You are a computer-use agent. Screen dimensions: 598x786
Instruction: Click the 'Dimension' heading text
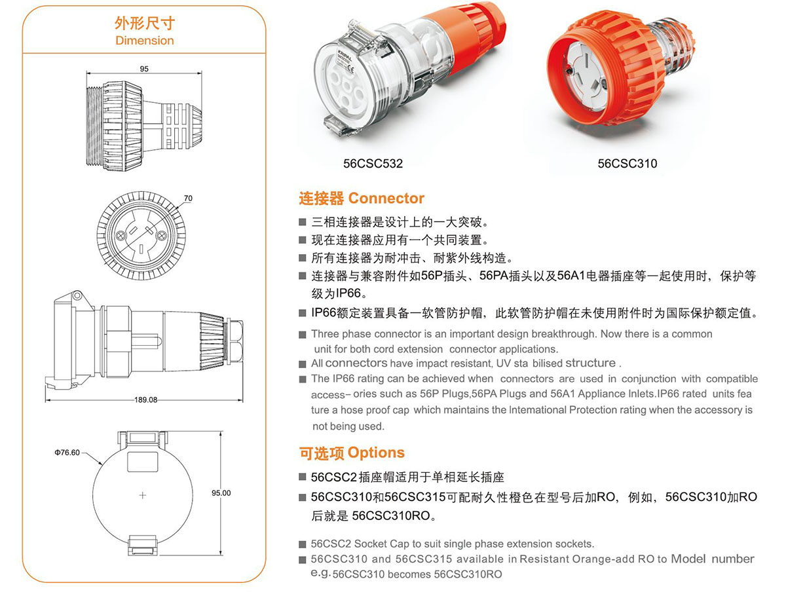click(144, 41)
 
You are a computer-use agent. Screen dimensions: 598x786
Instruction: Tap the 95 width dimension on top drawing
click(144, 69)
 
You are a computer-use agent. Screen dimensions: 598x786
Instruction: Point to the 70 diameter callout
click(188, 198)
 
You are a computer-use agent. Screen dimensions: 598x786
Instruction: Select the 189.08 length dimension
click(145, 400)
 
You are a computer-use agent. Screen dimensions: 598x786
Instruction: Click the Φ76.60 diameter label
click(67, 453)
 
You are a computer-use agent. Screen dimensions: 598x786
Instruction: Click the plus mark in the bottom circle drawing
click(143, 496)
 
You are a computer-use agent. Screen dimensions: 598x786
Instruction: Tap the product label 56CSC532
click(373, 164)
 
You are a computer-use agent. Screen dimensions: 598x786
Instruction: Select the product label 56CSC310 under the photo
click(627, 164)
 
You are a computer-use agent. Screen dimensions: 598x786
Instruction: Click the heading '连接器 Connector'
click(362, 198)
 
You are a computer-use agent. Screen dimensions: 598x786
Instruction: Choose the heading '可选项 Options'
click(352, 453)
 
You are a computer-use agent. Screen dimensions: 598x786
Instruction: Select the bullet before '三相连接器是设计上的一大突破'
click(302, 222)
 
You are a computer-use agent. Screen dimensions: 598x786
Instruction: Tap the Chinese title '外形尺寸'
click(144, 24)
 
